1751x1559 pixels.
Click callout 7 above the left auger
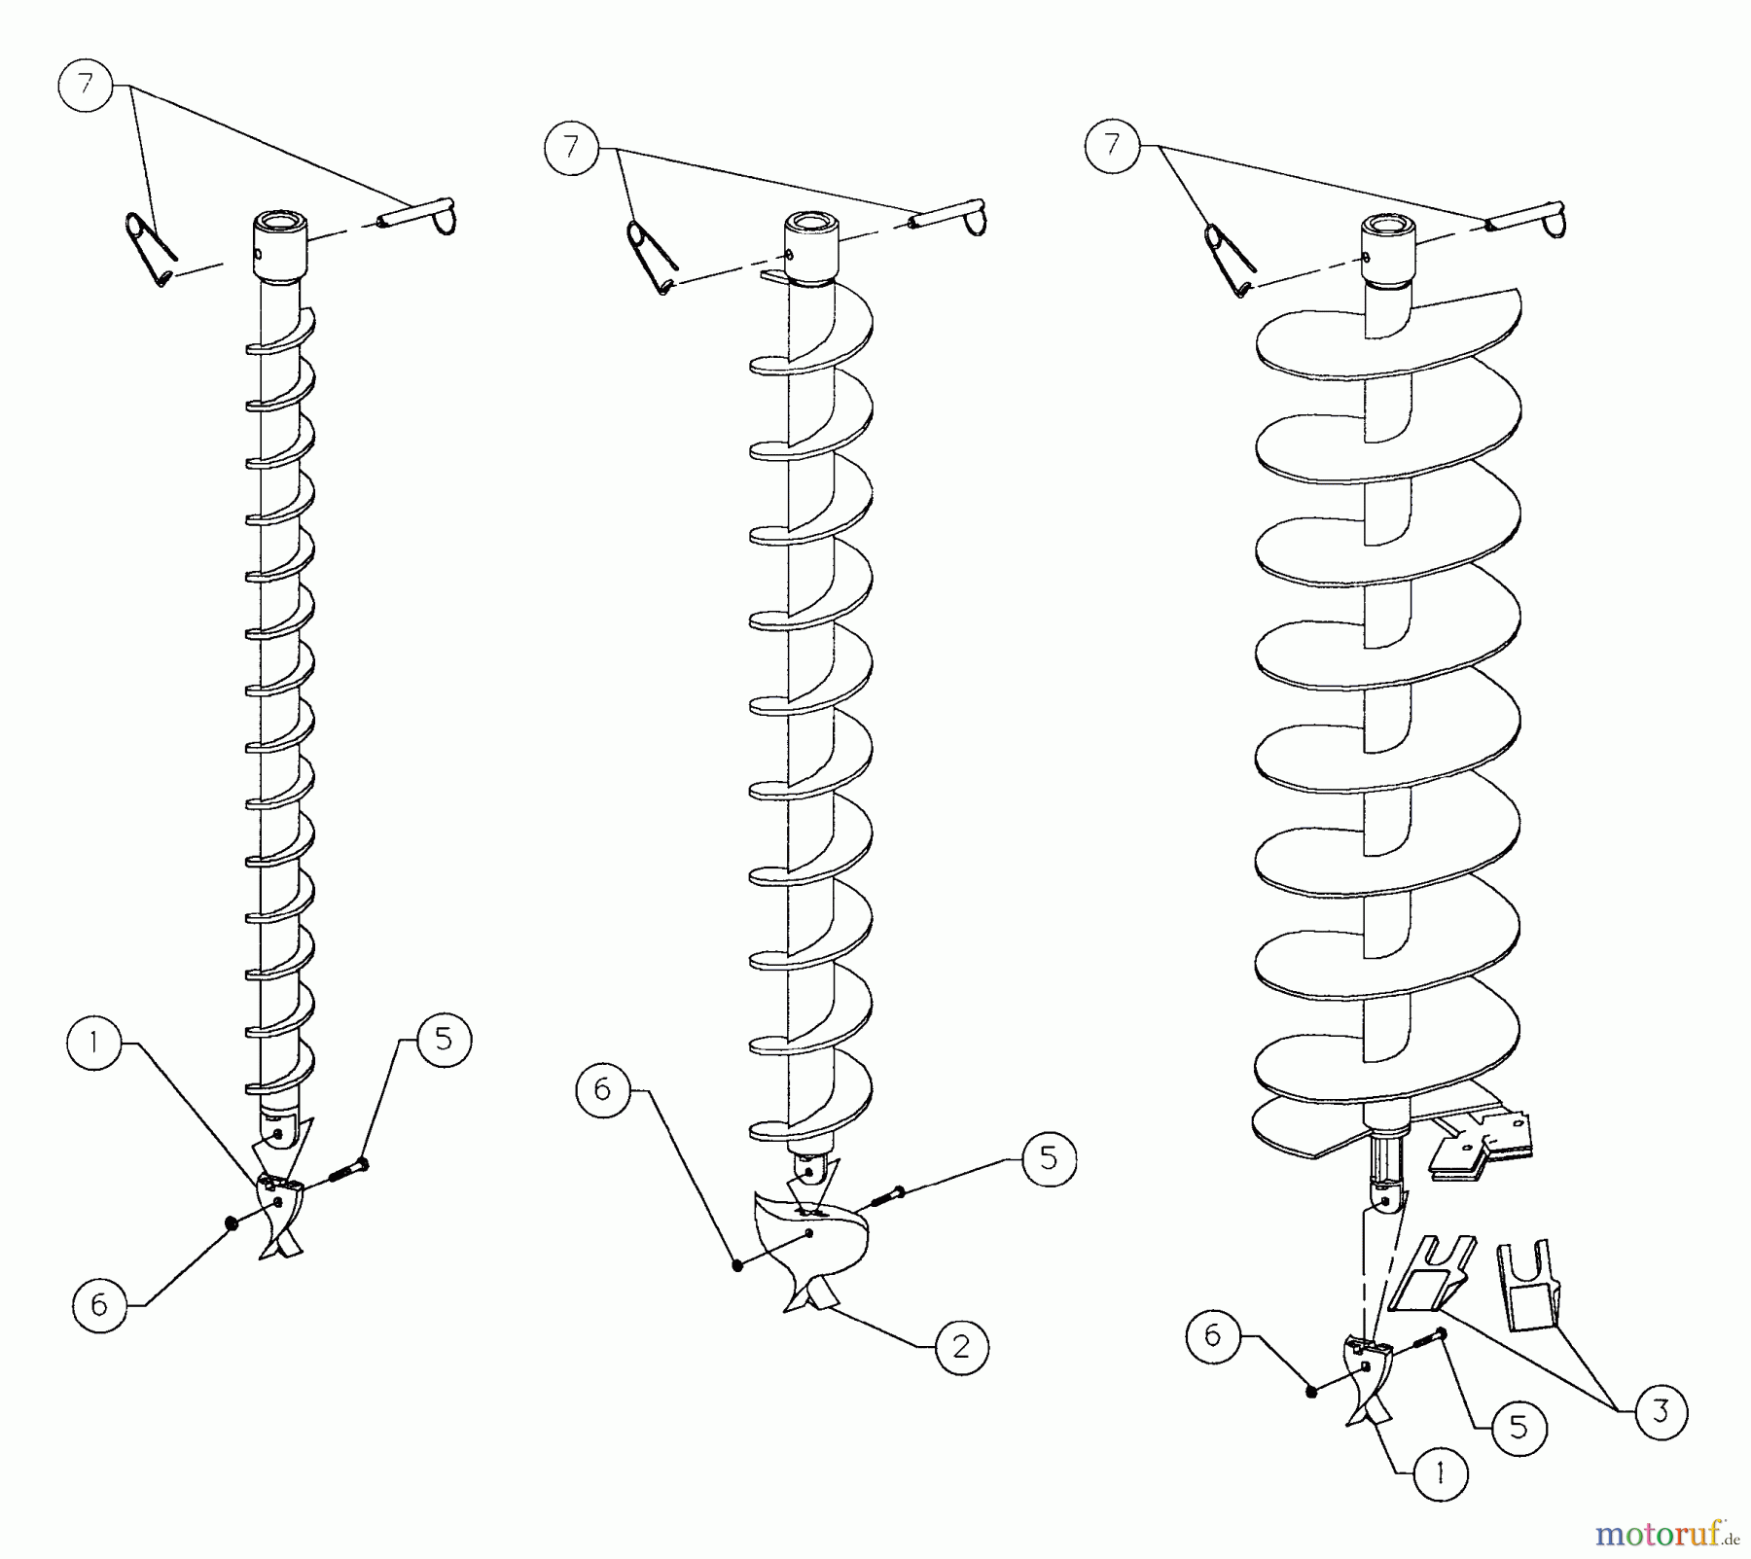point(87,86)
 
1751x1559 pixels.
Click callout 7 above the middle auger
point(571,147)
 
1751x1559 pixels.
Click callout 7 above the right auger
point(1113,146)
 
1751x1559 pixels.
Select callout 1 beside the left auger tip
point(95,1043)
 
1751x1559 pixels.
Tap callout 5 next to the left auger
point(444,1039)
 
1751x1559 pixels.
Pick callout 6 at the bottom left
point(99,1304)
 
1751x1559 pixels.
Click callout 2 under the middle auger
point(961,1346)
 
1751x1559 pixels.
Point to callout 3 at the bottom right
point(1660,1411)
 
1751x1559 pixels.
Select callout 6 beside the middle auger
point(602,1090)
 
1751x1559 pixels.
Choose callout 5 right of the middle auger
point(1049,1157)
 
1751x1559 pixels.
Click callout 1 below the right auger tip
point(1440,1473)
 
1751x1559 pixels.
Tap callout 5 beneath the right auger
point(1519,1427)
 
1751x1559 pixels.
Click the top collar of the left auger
point(281,248)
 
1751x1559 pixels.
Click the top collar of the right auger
point(1388,252)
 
